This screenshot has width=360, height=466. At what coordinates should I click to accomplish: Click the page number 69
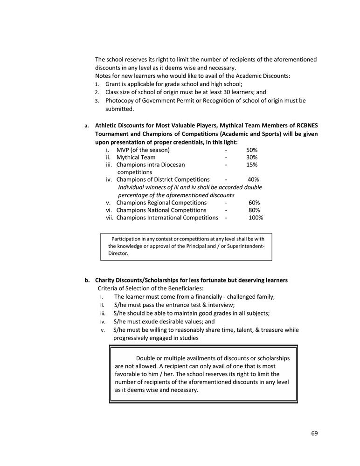click(x=314, y=433)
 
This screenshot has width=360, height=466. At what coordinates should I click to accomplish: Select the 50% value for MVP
click(x=252, y=150)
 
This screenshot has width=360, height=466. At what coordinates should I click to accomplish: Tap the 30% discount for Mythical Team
click(x=252, y=158)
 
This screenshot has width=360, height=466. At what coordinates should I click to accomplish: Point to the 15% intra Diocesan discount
click(x=252, y=165)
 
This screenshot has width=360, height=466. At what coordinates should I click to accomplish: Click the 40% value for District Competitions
click(x=253, y=180)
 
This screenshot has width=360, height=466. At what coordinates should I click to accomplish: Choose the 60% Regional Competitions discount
click(x=254, y=203)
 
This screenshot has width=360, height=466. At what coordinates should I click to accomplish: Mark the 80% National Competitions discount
click(x=254, y=210)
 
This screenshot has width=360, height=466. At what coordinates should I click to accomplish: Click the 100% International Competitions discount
click(x=256, y=218)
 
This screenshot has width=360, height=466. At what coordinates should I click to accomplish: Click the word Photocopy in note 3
click(x=119, y=100)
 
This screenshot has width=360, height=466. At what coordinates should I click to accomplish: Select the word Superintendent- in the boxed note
click(x=245, y=246)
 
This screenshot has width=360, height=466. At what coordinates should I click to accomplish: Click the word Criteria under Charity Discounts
click(x=108, y=288)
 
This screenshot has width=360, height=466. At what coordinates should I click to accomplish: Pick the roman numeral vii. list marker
click(x=110, y=218)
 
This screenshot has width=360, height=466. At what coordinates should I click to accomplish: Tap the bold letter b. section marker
click(x=87, y=281)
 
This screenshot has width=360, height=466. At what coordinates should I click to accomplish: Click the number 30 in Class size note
click(x=222, y=92)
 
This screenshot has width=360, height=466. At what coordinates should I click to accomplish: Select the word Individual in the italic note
click(x=132, y=187)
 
